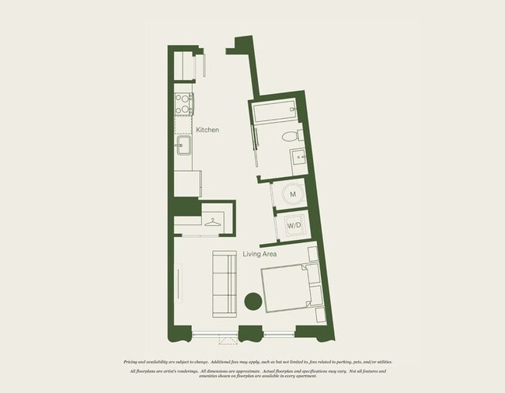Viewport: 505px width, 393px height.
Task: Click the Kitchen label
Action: pyautogui.click(x=207, y=130)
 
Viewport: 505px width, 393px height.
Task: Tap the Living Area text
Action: pyautogui.click(x=259, y=254)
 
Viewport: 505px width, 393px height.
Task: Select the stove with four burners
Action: pyautogui.click(x=183, y=103)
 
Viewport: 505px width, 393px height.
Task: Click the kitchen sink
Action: pyautogui.click(x=183, y=145)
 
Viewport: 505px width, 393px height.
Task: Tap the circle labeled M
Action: pyautogui.click(x=293, y=194)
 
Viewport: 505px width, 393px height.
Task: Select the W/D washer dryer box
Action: pyautogui.click(x=294, y=225)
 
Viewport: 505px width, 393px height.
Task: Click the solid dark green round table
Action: pyautogui.click(x=253, y=301)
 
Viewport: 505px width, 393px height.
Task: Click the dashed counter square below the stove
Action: pyautogui.click(x=183, y=125)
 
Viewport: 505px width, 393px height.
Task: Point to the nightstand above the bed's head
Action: pyautogui.click(x=312, y=254)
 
